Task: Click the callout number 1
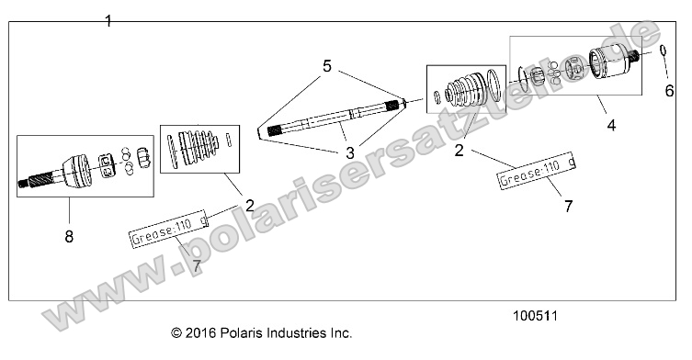pyautogui.click(x=108, y=20)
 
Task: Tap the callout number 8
pyautogui.click(x=70, y=237)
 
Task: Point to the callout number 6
pyautogui.click(x=669, y=89)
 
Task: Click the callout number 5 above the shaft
pyautogui.click(x=326, y=66)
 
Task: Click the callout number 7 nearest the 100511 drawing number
pyautogui.click(x=568, y=206)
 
